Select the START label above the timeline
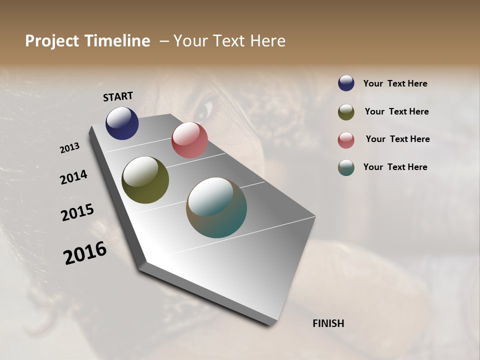118,96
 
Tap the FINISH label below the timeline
328,323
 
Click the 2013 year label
69,148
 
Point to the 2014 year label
73,177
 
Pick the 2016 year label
85,253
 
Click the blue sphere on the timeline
122,123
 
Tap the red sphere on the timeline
189,140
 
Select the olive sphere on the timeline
145,180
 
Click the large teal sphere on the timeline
216,207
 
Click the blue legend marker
346,83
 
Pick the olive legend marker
346,112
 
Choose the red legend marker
346,140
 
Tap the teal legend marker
346,167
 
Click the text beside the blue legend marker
395,83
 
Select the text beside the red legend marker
397,139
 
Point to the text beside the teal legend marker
395,167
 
